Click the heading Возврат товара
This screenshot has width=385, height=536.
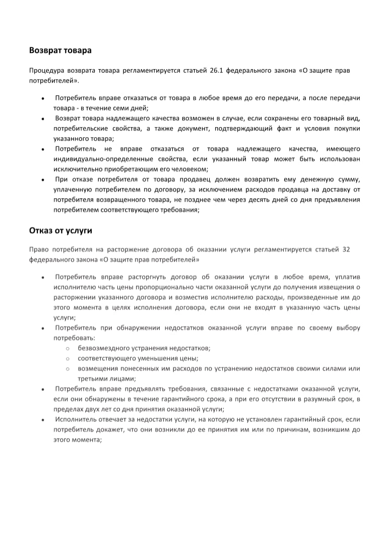(60, 50)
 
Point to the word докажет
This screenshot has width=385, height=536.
(114, 430)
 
